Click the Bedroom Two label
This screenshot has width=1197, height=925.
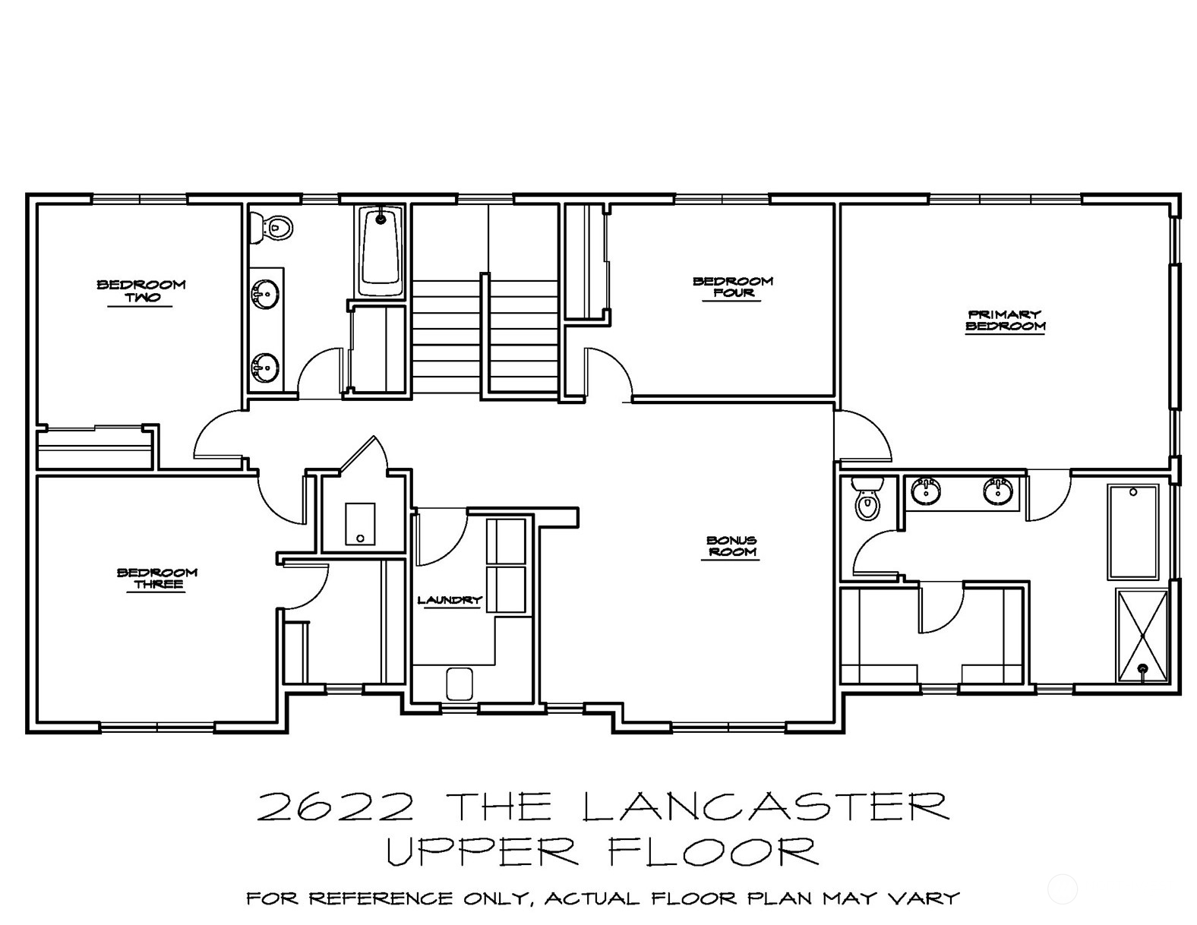click(x=141, y=291)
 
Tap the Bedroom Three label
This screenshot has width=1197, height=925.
click(x=157, y=578)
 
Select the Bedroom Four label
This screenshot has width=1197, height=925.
click(x=733, y=287)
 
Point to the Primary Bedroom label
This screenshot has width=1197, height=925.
click(x=1006, y=320)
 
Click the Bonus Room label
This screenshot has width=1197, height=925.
click(x=731, y=545)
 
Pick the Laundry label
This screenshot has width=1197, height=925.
click(x=450, y=600)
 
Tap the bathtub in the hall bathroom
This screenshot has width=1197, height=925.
click(x=381, y=251)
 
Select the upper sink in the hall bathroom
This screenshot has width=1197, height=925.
click(x=265, y=295)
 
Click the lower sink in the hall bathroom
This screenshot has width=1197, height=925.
click(x=265, y=367)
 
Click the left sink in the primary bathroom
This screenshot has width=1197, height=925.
click(x=927, y=491)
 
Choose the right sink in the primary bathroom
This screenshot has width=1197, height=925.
click(x=997, y=491)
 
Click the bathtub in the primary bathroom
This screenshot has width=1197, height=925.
click(x=1132, y=532)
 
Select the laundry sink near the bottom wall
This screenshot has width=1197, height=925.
click(x=459, y=684)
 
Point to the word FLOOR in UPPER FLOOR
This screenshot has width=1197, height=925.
click(x=712, y=851)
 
